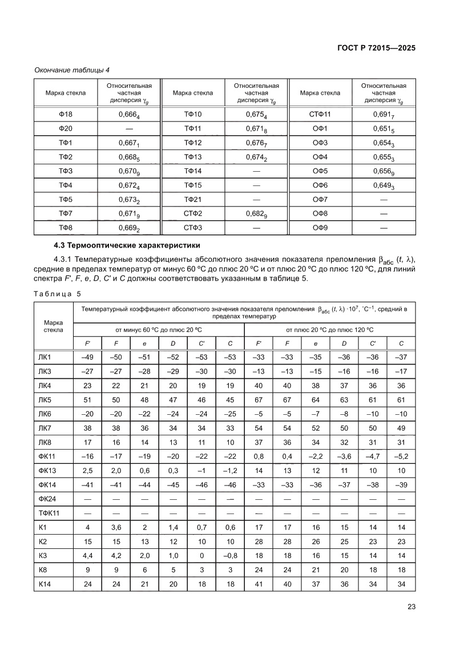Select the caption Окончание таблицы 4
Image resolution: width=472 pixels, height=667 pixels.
tap(72, 70)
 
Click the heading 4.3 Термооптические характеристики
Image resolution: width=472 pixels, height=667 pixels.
tap(126, 246)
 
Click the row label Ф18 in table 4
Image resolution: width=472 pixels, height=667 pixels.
tap(65, 115)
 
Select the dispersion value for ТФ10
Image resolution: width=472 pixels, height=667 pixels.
tap(256, 115)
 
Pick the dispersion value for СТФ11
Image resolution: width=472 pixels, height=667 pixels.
tap(384, 115)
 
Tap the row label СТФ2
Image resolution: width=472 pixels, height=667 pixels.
tap(193, 214)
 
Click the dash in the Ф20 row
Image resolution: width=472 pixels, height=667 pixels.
tap(129, 129)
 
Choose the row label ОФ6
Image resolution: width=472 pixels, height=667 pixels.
tap(320, 185)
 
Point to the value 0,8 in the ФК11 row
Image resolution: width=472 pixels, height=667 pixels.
tap(259, 456)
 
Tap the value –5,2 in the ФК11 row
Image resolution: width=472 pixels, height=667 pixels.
tap(401, 456)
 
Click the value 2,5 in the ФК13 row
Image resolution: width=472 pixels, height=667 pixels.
tap(87, 470)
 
